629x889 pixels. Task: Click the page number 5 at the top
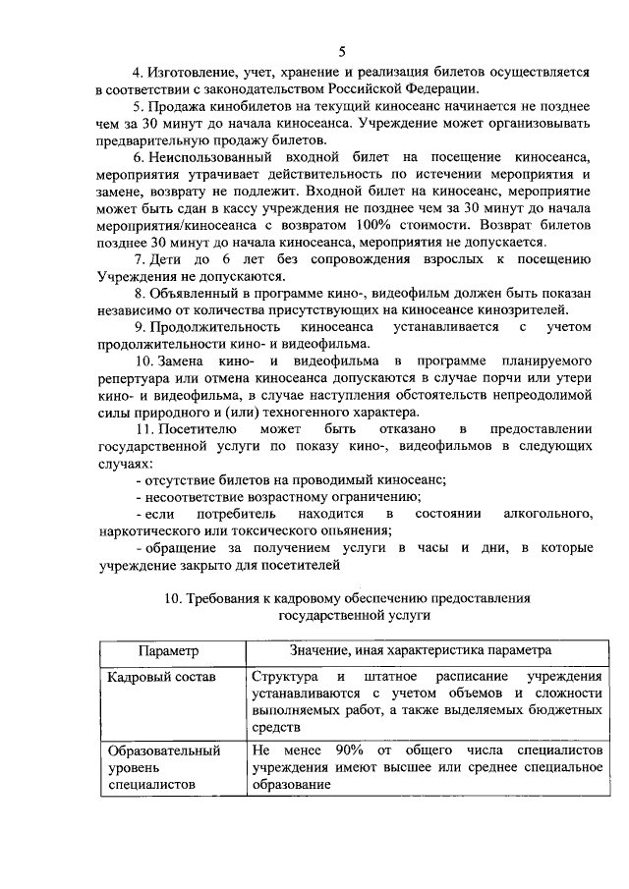click(341, 51)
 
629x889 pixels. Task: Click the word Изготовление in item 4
click(194, 73)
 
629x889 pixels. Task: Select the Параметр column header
click(168, 650)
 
